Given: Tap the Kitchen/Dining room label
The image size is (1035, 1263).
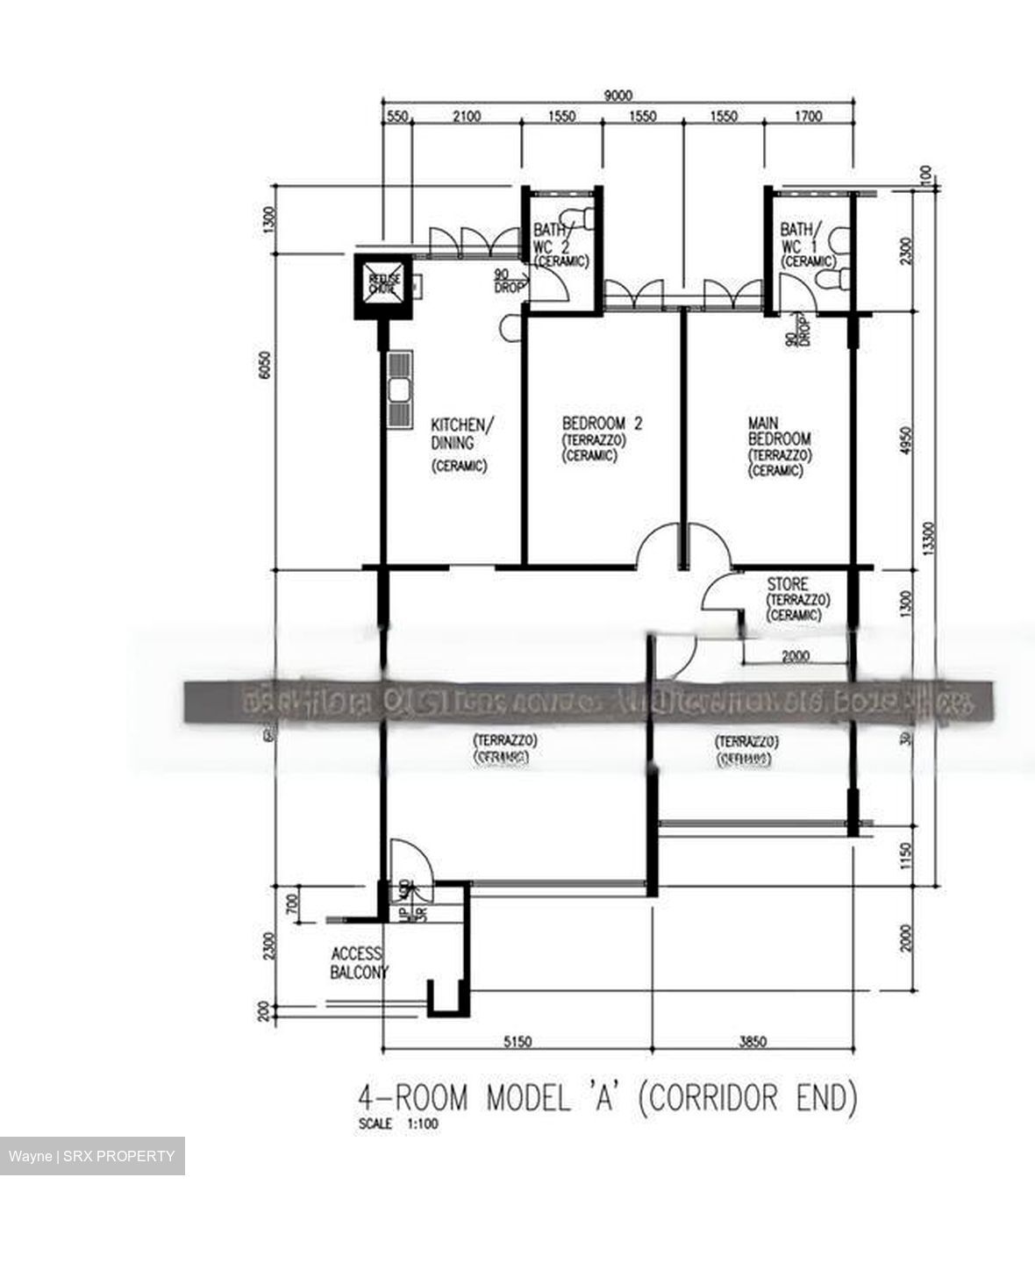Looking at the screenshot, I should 461,433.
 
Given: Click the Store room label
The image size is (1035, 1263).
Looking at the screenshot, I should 788,584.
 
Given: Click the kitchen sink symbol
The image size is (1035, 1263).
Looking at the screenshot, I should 399,389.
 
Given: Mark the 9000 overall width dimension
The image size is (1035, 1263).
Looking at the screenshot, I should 617,96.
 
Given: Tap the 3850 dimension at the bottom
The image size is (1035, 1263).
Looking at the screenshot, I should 753,1042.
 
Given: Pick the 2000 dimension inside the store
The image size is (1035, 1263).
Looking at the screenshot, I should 796,655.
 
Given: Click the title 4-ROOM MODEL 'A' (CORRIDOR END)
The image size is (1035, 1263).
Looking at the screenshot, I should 606,1098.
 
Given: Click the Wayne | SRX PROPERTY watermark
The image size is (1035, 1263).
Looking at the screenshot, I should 92,1156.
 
